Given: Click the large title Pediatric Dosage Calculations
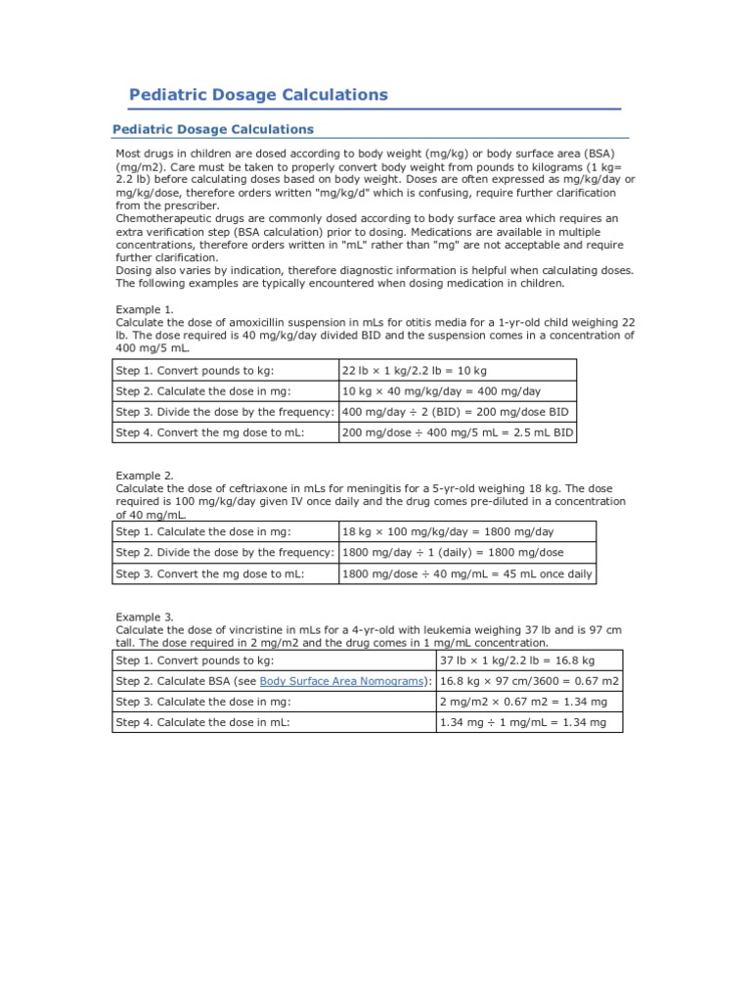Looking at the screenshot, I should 259,95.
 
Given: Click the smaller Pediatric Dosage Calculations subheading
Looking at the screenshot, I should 213,129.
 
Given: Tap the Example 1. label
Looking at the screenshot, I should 145,309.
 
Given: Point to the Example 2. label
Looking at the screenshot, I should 145,476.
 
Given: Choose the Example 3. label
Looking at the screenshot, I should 145,617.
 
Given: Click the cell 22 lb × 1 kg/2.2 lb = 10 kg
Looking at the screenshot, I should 415,371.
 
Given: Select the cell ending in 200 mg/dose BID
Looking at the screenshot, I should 456,412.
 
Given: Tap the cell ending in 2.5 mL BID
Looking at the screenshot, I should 458,433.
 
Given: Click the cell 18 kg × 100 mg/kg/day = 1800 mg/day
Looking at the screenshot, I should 448,532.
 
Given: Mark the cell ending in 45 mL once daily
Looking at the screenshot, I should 467,574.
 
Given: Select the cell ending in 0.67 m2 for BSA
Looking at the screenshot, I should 529,681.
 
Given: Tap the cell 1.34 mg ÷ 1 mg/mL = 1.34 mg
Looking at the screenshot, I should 523,722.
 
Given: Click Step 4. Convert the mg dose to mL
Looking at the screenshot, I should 210,433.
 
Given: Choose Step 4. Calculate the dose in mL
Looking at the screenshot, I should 203,722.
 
